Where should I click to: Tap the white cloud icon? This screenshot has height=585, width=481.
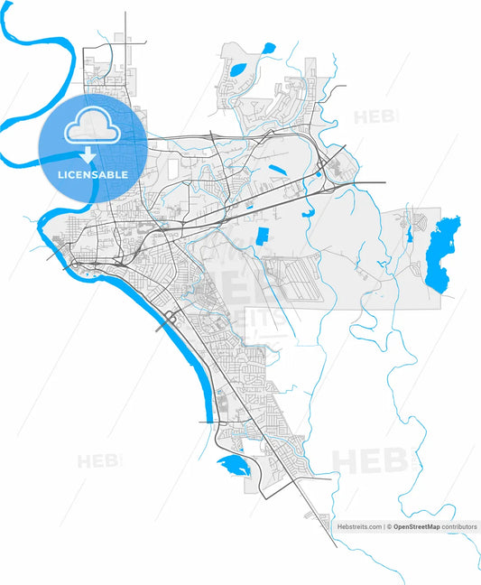tap(93, 127)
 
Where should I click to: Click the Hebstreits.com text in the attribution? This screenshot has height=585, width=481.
tap(359, 525)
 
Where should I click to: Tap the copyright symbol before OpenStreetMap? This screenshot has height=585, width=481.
tap(390, 525)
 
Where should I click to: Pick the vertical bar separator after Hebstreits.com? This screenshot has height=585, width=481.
tap(384, 525)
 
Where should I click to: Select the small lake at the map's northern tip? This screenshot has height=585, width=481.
tap(269, 48)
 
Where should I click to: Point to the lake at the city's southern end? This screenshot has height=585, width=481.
tap(231, 466)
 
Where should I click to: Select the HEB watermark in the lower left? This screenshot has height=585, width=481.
tap(97, 461)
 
